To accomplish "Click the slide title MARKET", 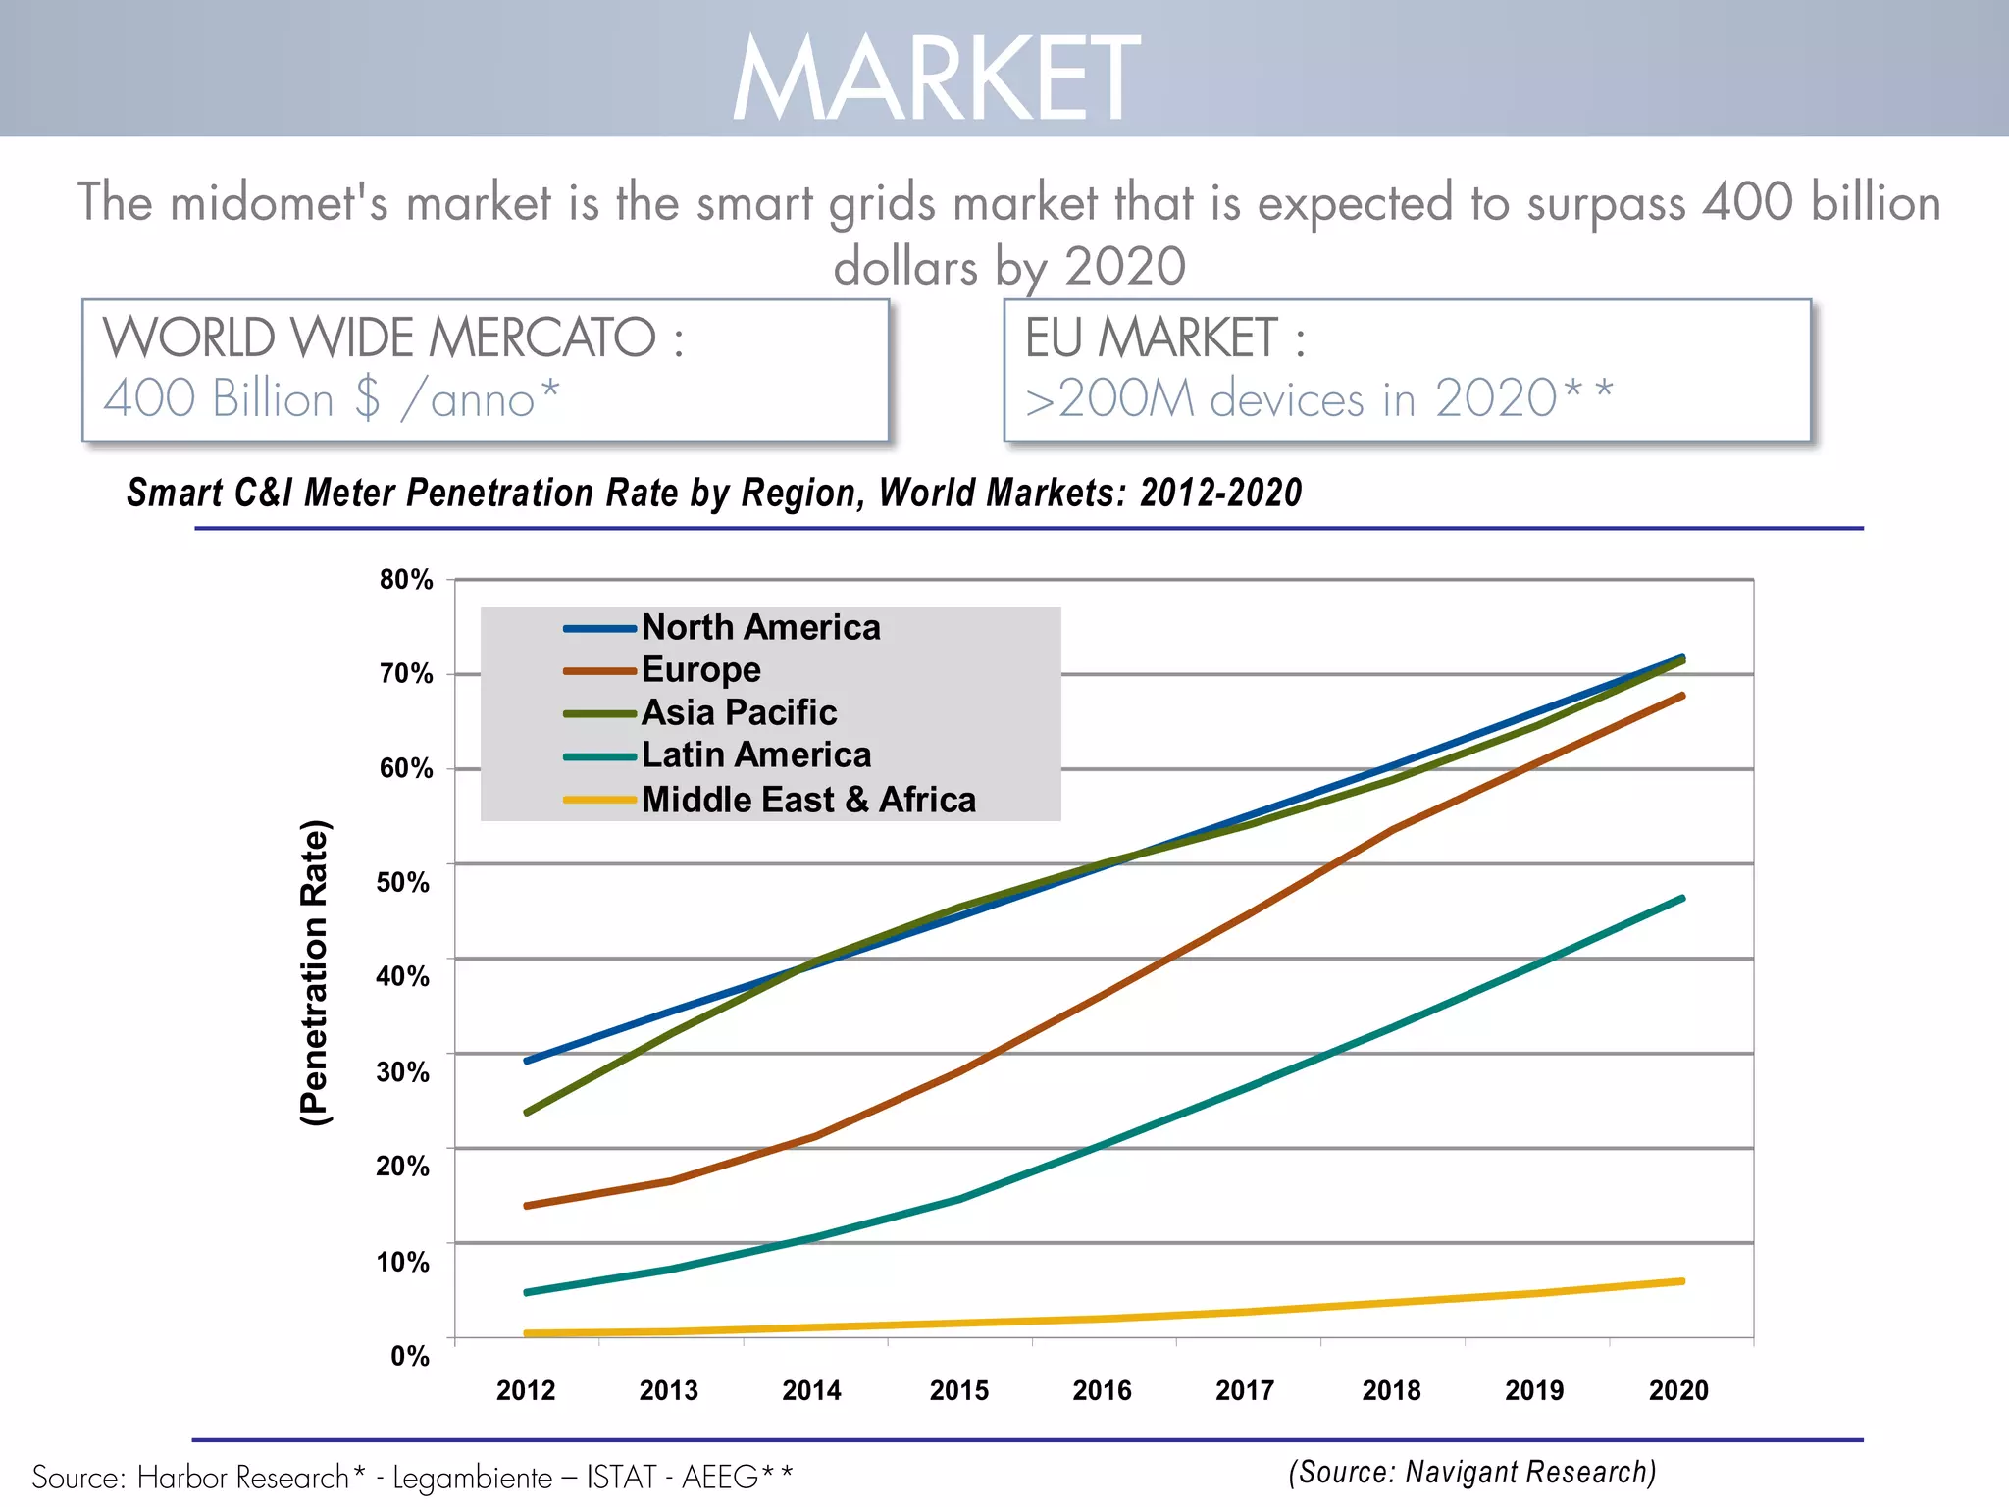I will pos(937,78).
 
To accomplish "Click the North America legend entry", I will pos(760,627).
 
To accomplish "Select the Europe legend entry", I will pos(700,670).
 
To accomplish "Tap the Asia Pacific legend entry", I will pos(739,712).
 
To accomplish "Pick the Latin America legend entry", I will pos(755,755).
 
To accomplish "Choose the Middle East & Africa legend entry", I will pos(808,800).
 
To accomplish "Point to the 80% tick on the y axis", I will pos(406,580).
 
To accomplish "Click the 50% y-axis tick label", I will pos(402,883).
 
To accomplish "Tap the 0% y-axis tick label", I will pos(409,1357).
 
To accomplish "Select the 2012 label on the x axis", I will pos(526,1391).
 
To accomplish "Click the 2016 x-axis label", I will pos(1102,1391).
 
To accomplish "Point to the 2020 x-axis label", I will pos(1678,1391).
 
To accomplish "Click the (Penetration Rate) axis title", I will pos(315,972).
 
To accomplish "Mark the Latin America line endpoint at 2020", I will pos(1682,899).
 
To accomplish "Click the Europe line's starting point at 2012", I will pos(528,1206).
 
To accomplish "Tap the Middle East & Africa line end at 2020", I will pos(1682,1281).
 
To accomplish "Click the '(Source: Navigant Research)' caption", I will pos(1471,1473).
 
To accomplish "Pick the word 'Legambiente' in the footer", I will pos(473,1478).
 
